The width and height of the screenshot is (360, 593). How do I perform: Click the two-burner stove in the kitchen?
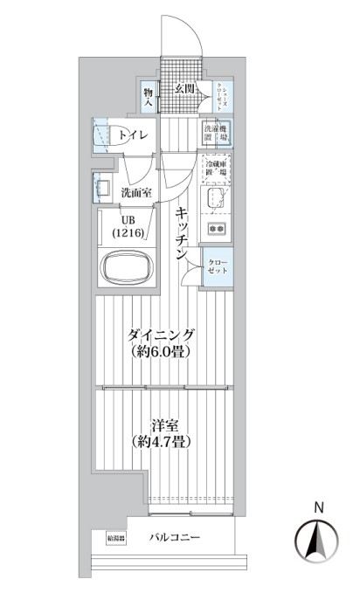[x=216, y=229]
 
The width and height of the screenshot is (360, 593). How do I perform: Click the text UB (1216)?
[x=128, y=227]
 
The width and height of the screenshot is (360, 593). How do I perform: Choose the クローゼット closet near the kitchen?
[x=217, y=267]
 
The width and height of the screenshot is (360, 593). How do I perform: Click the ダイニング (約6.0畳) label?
[x=160, y=342]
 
